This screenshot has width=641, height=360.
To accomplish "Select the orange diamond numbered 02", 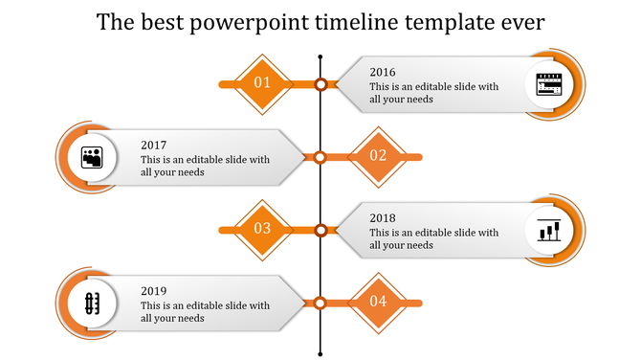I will coord(378,156).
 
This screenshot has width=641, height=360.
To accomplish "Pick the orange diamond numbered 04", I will coord(378,302).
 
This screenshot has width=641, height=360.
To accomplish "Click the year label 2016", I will coord(383,72).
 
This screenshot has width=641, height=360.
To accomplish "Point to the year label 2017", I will coord(154,145).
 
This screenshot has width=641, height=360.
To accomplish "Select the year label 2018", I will coord(383,217).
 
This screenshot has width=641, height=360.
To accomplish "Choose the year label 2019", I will coord(154,290).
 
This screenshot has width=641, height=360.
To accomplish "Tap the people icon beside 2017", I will coord(92,157).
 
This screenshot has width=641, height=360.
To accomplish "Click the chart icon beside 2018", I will coord(549,230).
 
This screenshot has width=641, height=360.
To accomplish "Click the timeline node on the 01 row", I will coord(320,84).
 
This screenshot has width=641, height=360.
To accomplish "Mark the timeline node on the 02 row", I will coord(320,157).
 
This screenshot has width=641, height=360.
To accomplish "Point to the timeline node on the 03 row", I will coord(320,230).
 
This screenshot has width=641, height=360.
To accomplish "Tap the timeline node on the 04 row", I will coord(320,303).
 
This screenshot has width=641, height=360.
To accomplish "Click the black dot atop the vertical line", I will coord(320,48).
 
